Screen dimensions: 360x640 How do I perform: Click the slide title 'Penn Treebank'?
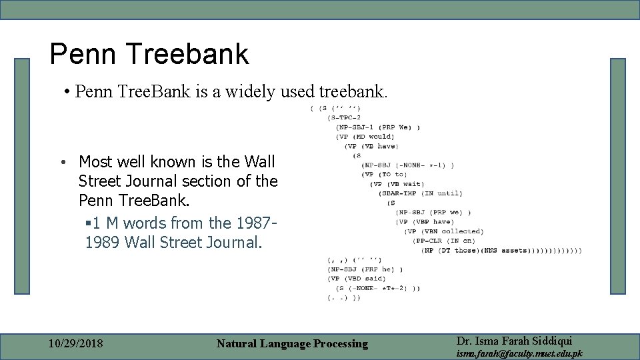coord(149,54)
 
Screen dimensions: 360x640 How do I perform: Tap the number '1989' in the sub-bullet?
coord(101,243)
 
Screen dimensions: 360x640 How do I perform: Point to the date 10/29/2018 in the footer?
coord(76,344)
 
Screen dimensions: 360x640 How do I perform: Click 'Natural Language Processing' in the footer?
coord(292,344)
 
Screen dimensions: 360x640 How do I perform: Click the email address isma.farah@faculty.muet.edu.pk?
coord(519,353)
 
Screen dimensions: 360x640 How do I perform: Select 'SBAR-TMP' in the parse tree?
coord(402,193)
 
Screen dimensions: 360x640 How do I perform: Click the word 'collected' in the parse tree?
coord(462,231)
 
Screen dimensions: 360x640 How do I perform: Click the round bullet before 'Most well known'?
coord(61,163)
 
